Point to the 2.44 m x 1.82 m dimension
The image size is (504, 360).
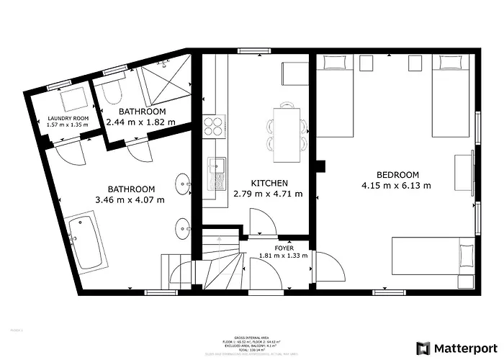[142, 123]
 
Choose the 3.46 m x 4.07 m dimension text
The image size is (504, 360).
[130, 199]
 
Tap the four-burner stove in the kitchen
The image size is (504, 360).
[214, 127]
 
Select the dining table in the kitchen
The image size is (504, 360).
[287, 130]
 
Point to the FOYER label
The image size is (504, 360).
[284, 248]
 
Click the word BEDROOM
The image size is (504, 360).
[397, 175]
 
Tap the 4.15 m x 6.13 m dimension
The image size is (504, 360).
[397, 185]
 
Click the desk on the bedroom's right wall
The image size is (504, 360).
[462, 173]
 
